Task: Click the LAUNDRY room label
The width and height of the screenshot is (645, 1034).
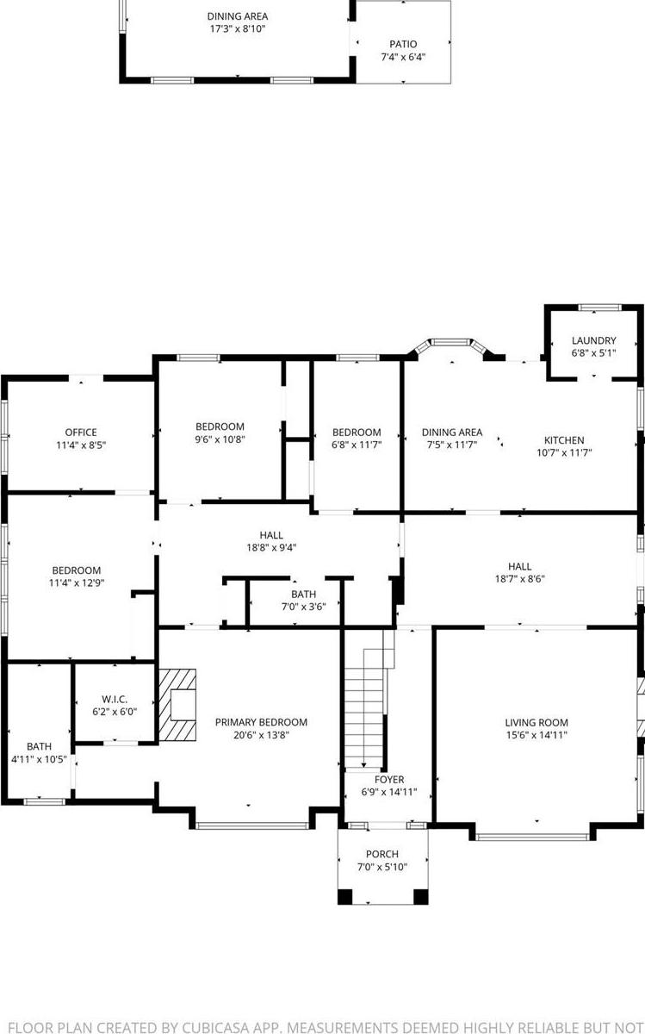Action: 593,340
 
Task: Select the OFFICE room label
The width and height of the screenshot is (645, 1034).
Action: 81,433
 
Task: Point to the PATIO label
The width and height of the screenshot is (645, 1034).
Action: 403,44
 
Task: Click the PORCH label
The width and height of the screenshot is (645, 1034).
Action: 381,854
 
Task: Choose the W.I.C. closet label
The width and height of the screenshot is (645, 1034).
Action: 114,699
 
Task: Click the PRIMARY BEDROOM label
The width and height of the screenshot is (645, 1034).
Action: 261,722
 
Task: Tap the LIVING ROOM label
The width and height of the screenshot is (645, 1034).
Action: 536,723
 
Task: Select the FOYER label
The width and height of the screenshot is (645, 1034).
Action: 388,779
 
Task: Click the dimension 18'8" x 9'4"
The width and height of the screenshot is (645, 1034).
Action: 271,547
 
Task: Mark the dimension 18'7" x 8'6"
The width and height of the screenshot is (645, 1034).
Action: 519,579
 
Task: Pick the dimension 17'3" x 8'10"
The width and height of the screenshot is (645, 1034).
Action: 237,29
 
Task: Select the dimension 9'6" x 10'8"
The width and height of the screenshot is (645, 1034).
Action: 220,439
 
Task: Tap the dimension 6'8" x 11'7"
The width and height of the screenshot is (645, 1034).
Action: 357,445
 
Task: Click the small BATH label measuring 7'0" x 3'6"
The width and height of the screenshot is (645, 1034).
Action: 303,594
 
